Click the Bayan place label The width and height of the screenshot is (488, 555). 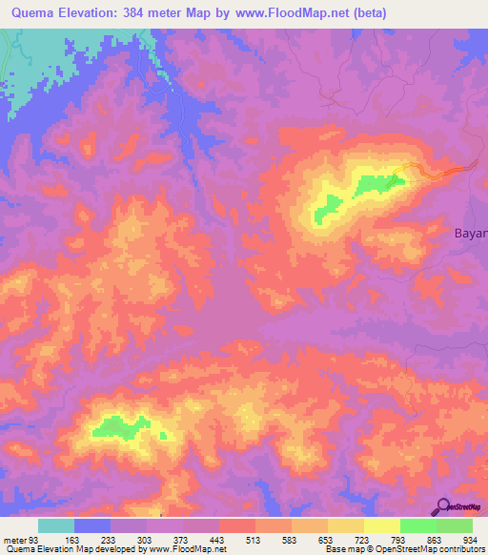coord(469,232)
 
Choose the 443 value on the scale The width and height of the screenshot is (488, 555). coord(219,540)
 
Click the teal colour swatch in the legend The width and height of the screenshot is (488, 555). coord(55,525)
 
